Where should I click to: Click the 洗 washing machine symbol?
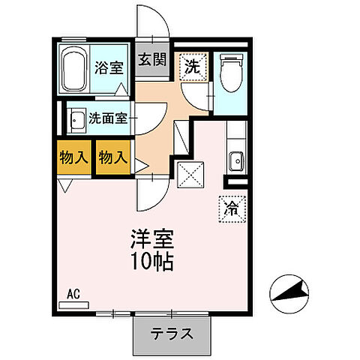tap(193, 65)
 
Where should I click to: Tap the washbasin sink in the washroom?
tap(76, 119)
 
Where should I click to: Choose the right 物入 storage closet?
tap(113, 157)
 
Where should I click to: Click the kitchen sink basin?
tap(236, 160)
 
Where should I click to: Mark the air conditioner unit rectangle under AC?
tap(73, 305)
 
